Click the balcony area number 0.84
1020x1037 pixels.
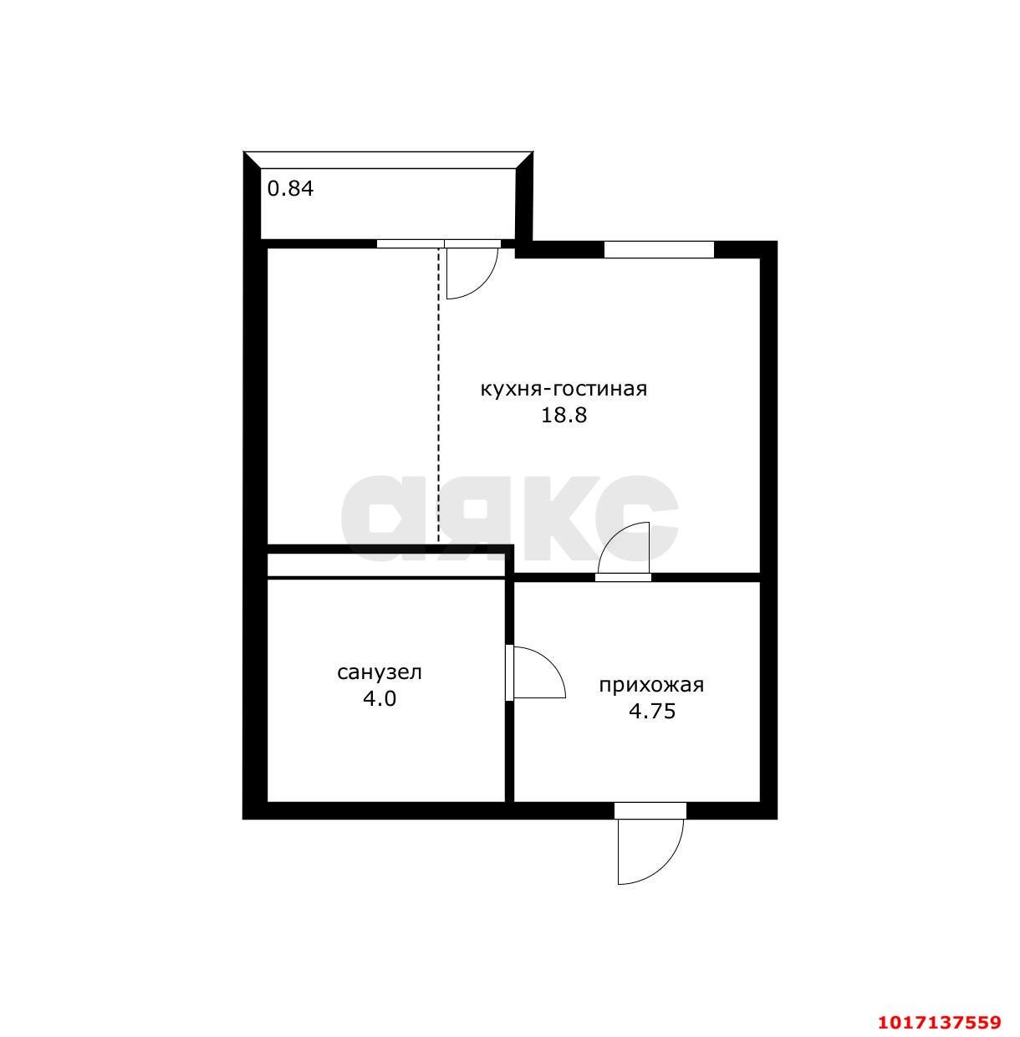click(290, 189)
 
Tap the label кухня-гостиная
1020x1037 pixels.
click(563, 389)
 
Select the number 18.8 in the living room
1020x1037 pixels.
click(564, 416)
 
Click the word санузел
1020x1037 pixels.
click(380, 672)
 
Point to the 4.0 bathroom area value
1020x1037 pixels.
click(380, 698)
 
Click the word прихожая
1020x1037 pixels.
click(652, 686)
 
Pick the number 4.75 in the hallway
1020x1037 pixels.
click(652, 712)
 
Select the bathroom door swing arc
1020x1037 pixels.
click(550, 662)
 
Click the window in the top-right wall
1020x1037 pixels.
click(659, 250)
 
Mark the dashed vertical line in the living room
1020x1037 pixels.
click(438, 396)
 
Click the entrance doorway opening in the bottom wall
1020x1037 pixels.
click(650, 810)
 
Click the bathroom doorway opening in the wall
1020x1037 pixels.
click(509, 672)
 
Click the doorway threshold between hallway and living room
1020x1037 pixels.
click(624, 577)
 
